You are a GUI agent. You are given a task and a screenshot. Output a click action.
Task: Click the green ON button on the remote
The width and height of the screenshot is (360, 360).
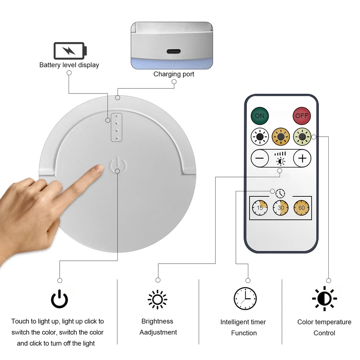coord(259,116)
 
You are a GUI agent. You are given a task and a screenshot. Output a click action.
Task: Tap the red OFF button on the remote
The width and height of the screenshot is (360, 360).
coord(301,116)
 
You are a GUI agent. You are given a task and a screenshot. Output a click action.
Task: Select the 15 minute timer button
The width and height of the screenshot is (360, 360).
coord(260,208)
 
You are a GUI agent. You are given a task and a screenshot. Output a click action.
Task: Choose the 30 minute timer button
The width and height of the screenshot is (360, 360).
coord(281,208)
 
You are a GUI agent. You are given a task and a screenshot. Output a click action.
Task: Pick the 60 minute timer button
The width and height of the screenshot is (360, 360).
coord(301,208)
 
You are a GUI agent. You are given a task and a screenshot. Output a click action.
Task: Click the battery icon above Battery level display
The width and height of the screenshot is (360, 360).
coord(70,51)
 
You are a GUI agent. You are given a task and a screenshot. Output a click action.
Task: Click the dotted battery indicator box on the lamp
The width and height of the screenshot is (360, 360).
coord(117,127)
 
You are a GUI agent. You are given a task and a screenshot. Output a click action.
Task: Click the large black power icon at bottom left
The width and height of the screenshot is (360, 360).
coord(59,299)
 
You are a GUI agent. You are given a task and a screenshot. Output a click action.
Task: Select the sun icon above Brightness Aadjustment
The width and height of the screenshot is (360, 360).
coord(158,299)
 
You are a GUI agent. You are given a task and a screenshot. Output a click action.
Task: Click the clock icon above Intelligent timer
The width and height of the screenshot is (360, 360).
coord(245,299)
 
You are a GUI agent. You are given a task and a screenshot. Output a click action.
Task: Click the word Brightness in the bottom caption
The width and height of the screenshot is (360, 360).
coord(157,321)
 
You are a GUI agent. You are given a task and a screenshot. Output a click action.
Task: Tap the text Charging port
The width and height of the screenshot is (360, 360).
coord(174,74)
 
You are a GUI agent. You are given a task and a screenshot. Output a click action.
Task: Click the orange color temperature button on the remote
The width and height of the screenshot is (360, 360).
coord(280,137)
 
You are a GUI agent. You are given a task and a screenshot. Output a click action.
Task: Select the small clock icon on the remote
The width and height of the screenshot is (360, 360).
coord(280,193)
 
